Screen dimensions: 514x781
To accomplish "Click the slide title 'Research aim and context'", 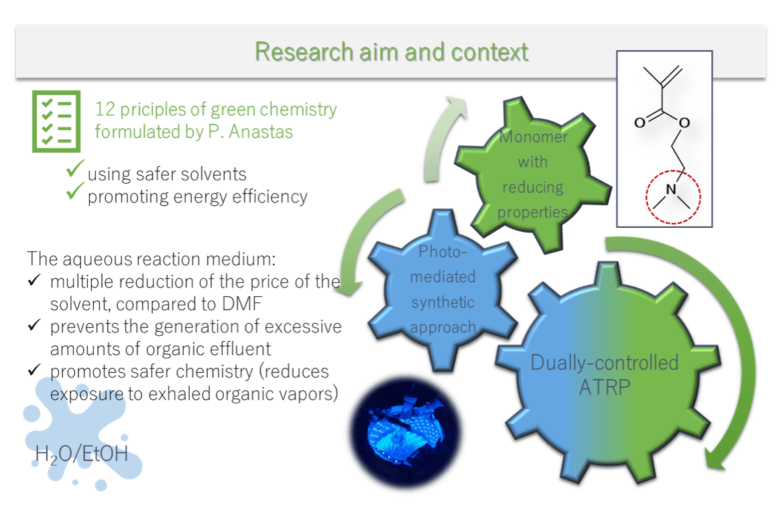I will (x=392, y=52).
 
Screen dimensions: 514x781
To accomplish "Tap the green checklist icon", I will (x=56, y=121).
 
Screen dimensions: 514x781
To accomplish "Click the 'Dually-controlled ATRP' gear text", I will (x=604, y=375).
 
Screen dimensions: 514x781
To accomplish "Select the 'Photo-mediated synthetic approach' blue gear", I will (x=442, y=290).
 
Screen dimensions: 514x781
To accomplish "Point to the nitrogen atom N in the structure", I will (x=671, y=191).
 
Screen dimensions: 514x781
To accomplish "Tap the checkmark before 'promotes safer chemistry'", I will (x=34, y=371).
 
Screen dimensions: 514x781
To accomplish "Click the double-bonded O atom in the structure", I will (x=640, y=123).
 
